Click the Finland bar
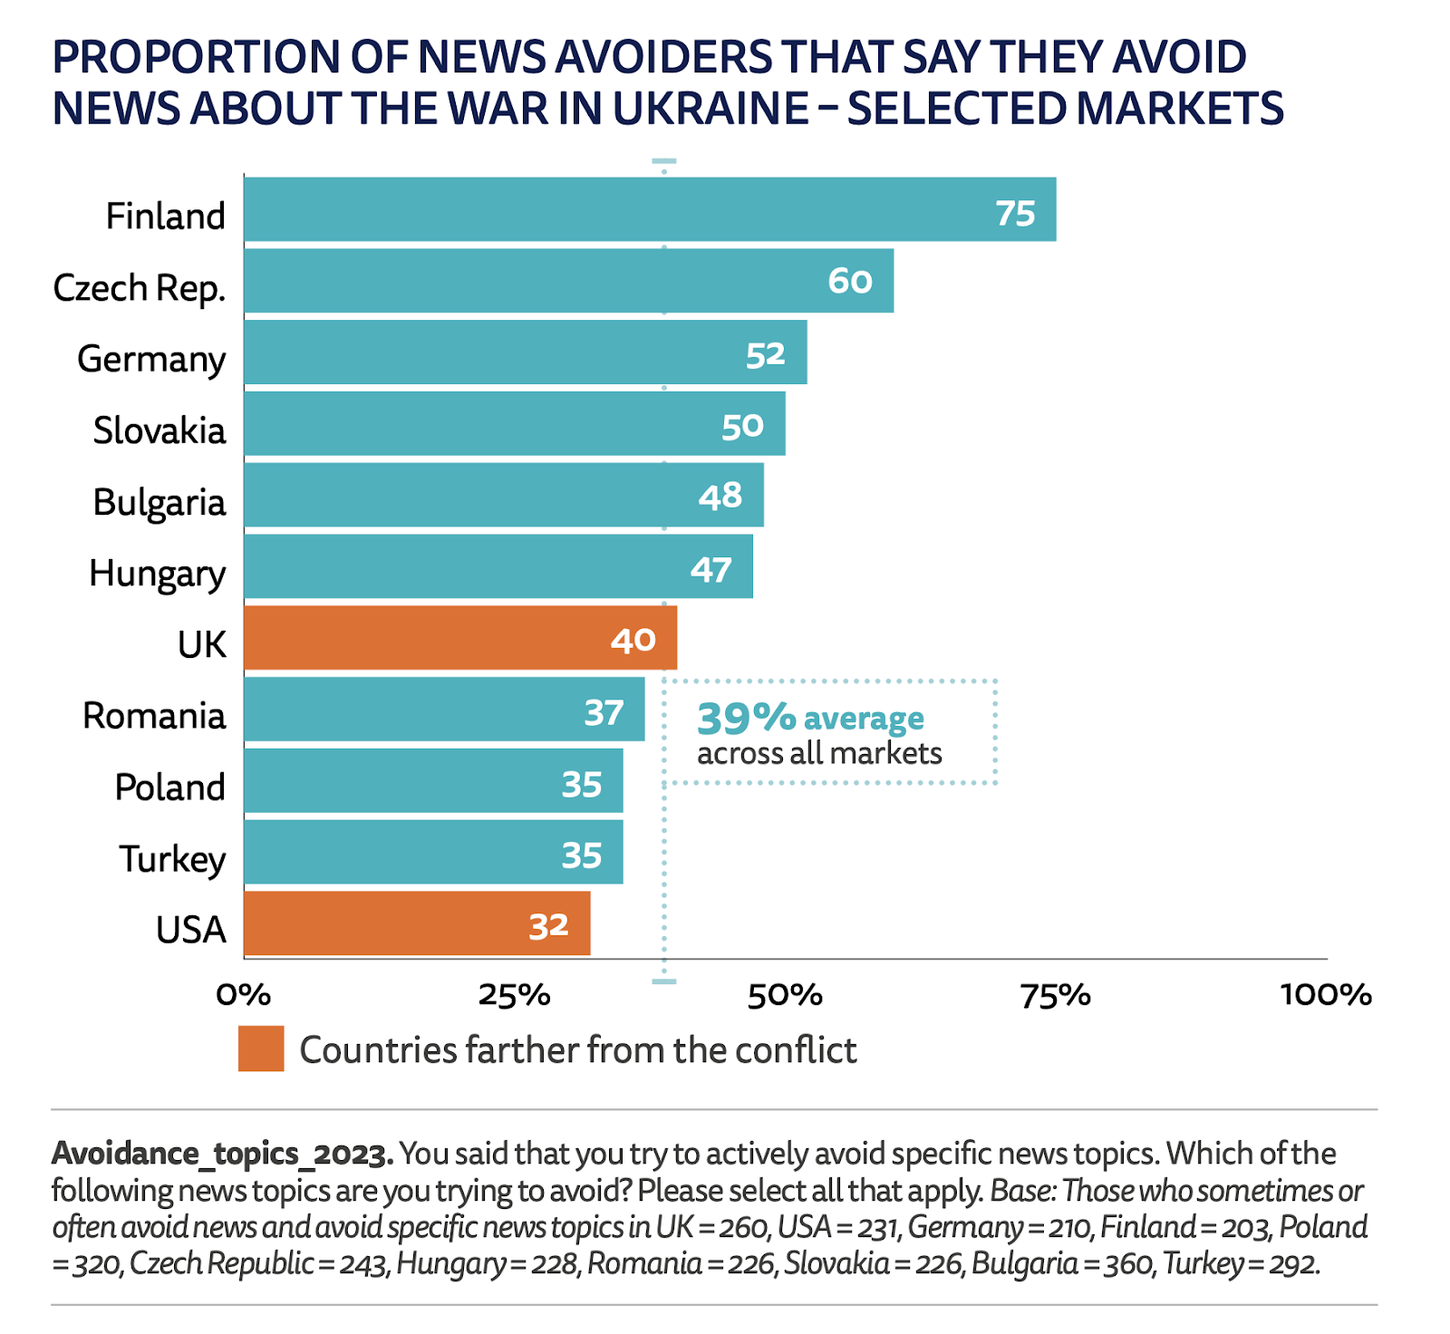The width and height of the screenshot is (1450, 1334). [649, 209]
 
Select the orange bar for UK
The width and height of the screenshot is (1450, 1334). [459, 638]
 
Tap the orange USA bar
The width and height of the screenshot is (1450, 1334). [417, 923]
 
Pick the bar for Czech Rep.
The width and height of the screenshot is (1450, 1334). [568, 281]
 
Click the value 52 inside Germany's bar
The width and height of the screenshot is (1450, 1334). [765, 354]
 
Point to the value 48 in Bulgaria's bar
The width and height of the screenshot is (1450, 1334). [720, 496]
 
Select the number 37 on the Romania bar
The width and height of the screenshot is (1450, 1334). [603, 713]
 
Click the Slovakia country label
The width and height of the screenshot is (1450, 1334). [159, 430]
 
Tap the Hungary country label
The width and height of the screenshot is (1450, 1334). [157, 574]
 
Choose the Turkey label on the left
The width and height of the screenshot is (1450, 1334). [172, 859]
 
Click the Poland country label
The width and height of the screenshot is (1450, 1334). [169, 788]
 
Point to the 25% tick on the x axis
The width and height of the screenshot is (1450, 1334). [514, 995]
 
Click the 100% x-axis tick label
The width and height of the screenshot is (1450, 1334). [1325, 995]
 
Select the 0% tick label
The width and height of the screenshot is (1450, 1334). [244, 995]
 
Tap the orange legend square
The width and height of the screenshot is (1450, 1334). [261, 1049]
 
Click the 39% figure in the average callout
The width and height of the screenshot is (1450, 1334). [746, 719]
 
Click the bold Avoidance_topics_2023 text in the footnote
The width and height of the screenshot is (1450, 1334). [222, 1154]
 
